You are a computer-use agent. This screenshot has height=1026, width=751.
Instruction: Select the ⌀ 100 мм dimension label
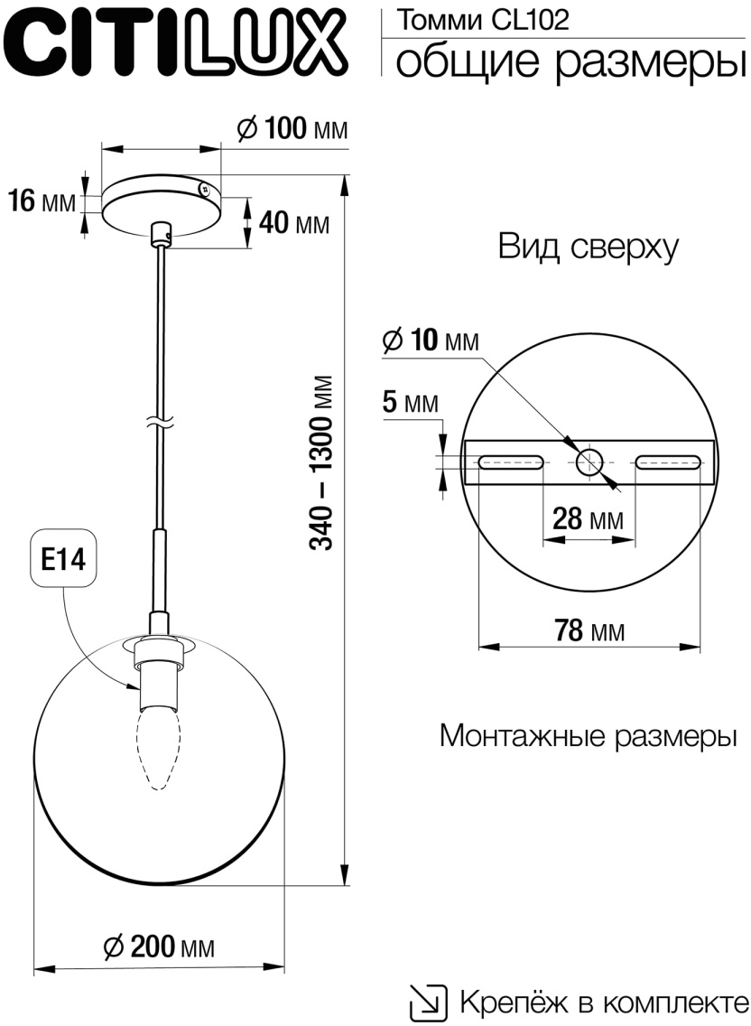click(291, 129)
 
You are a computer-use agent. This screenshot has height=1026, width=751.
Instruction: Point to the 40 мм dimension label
click(293, 222)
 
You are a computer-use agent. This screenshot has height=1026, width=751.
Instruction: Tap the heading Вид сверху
click(588, 247)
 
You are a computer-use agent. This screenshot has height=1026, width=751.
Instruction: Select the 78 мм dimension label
click(589, 630)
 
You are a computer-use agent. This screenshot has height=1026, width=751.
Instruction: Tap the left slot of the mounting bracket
click(512, 463)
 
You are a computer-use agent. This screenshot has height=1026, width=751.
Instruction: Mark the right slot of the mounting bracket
click(668, 463)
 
